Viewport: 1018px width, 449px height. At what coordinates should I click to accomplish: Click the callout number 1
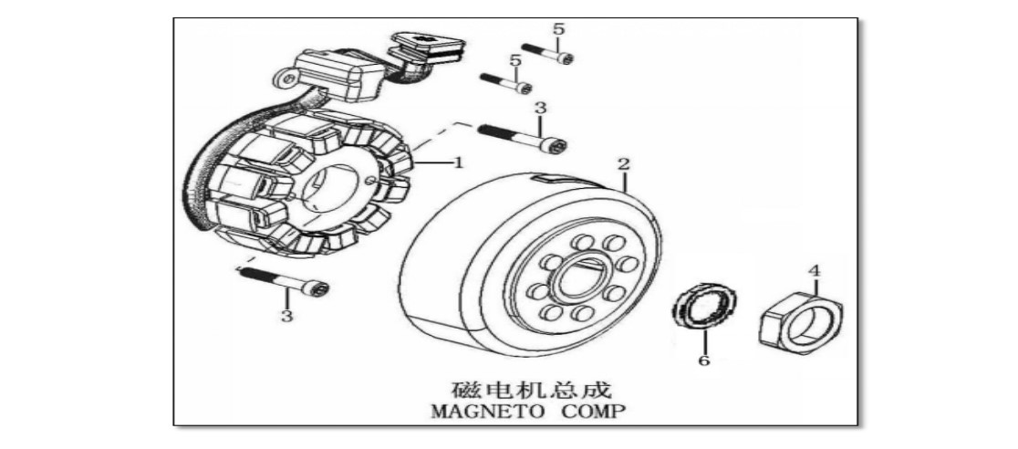point(458,162)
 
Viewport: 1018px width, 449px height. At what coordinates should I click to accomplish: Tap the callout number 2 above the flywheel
point(623,163)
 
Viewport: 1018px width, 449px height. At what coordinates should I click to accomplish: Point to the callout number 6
point(704,360)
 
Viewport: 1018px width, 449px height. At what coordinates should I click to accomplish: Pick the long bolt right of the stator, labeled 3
point(522,138)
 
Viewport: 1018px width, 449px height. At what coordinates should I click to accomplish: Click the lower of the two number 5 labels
point(516,60)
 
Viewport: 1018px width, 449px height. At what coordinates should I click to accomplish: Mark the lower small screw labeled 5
point(506,83)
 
